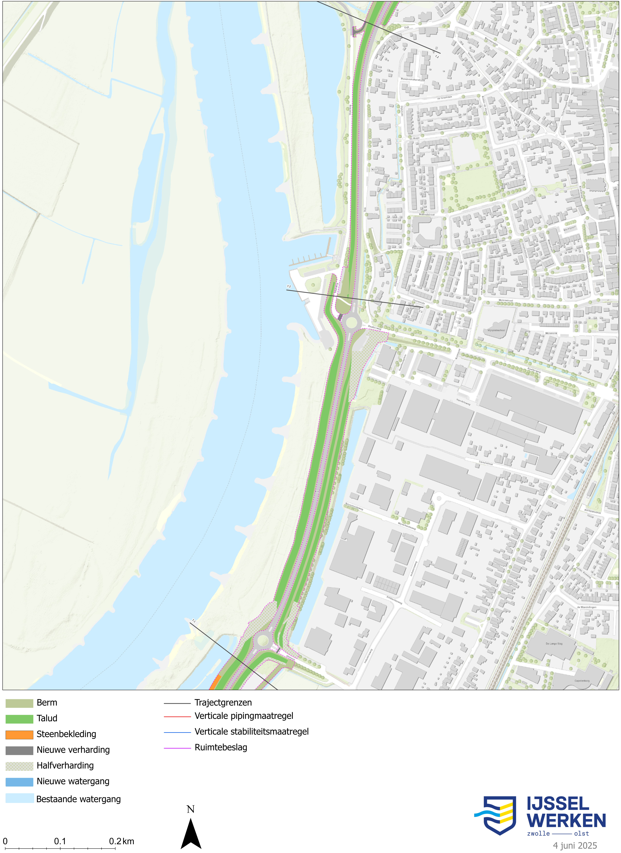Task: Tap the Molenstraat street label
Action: coord(505,300)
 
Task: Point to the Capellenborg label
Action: coord(582,681)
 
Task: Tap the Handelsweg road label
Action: coord(463,402)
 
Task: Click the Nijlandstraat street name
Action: coord(427,214)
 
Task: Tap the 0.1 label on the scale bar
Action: coord(60,841)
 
